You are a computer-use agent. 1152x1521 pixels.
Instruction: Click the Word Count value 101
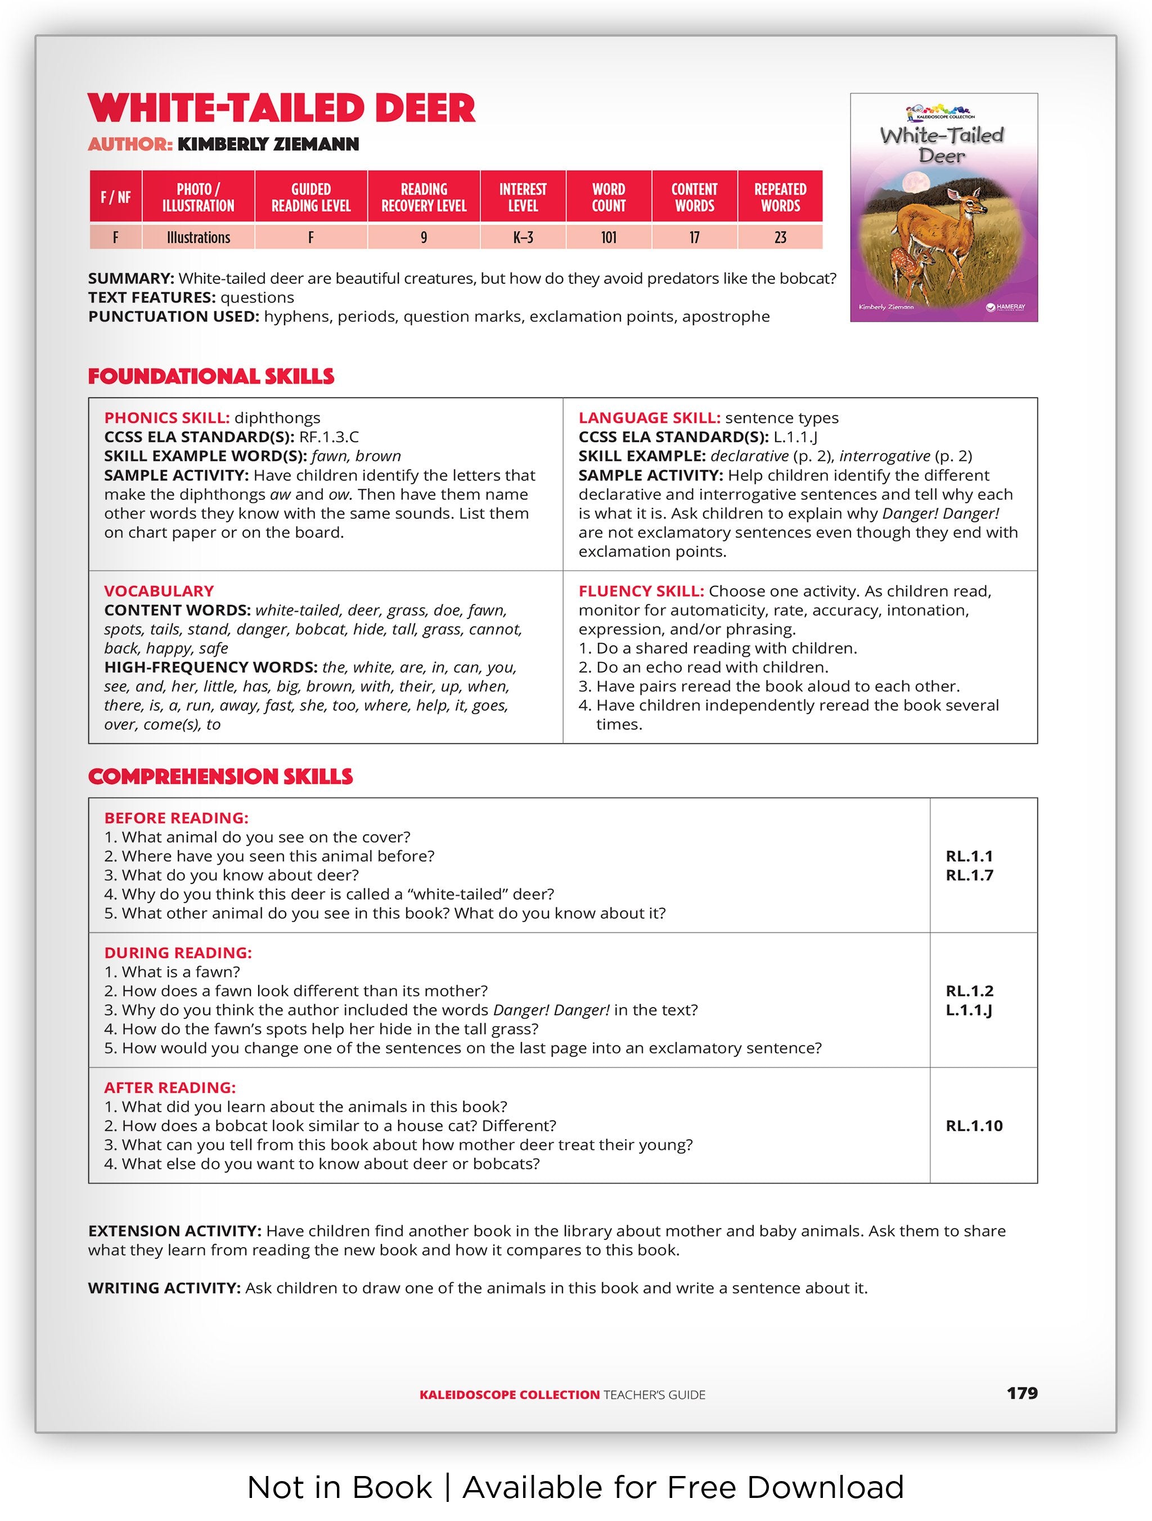pyautogui.click(x=609, y=238)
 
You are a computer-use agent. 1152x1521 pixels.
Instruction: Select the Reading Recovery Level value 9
pyautogui.click(x=424, y=238)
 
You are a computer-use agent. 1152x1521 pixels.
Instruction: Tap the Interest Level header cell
pyautogui.click(x=523, y=197)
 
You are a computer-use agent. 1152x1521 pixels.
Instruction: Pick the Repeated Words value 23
pyautogui.click(x=780, y=238)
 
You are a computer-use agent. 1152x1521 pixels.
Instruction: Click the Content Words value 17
pyautogui.click(x=695, y=238)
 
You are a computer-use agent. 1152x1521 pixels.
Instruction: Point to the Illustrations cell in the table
pyautogui.click(x=198, y=238)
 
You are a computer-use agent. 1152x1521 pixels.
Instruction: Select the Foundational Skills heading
pyautogui.click(x=211, y=377)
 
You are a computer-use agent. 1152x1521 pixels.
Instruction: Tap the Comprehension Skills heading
pyautogui.click(x=220, y=777)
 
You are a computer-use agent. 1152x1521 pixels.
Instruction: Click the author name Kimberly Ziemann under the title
pyautogui.click(x=268, y=145)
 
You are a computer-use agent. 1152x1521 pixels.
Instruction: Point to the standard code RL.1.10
pyautogui.click(x=974, y=1126)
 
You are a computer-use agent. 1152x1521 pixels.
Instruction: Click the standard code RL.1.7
pyautogui.click(x=969, y=875)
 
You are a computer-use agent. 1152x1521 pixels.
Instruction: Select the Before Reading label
pyautogui.click(x=176, y=818)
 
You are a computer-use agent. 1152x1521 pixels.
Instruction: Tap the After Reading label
pyautogui.click(x=170, y=1088)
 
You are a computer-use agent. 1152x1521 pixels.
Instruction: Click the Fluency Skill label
pyautogui.click(x=641, y=592)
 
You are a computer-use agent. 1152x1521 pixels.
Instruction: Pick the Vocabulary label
pyautogui.click(x=159, y=592)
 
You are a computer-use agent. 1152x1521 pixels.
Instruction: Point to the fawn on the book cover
pyautogui.click(x=907, y=265)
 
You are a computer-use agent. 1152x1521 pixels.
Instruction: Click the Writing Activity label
pyautogui.click(x=164, y=1289)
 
